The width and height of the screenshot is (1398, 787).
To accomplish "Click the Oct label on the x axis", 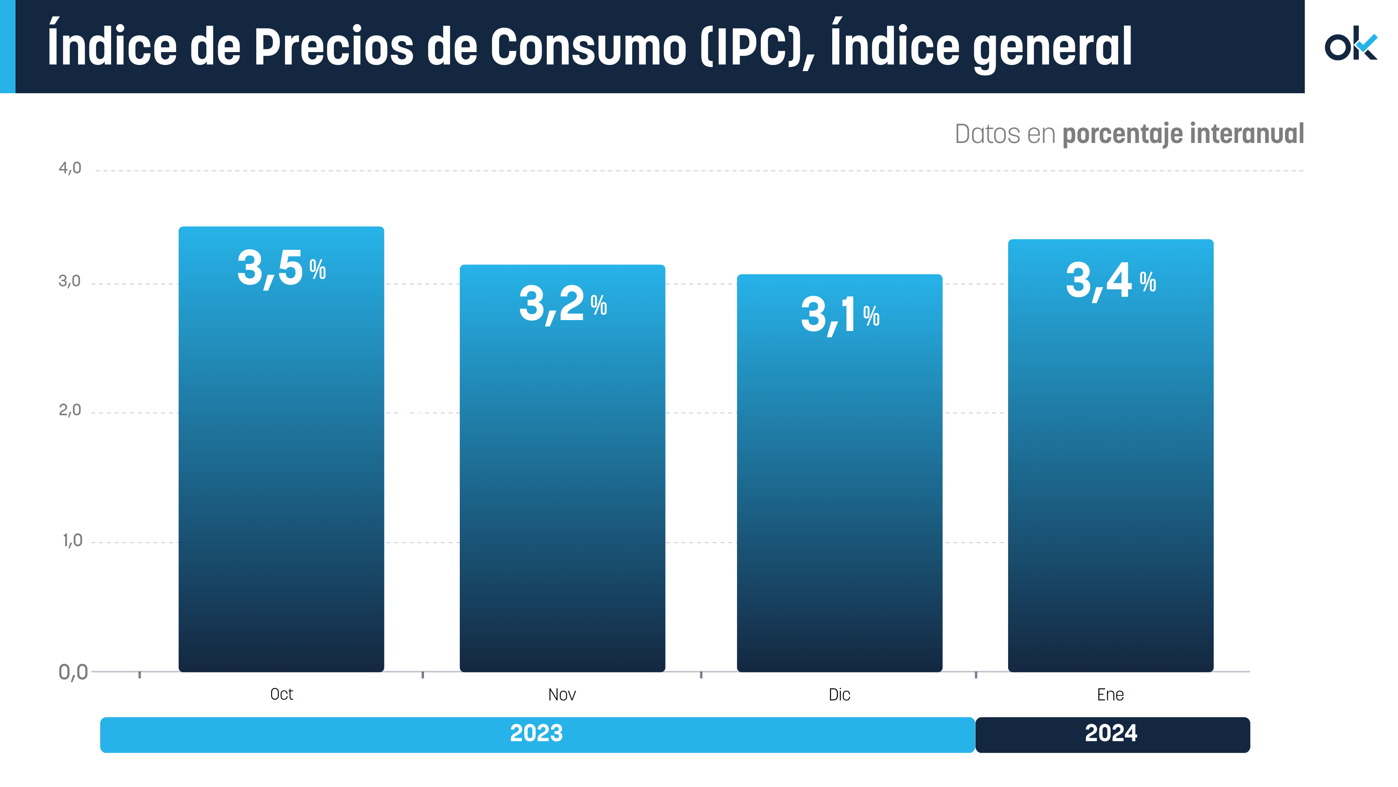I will tap(281, 694).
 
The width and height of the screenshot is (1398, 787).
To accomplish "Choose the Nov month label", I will tap(562, 695).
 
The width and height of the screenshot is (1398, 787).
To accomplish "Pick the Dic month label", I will tap(839, 695).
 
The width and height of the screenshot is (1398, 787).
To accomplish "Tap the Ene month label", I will tap(1110, 695).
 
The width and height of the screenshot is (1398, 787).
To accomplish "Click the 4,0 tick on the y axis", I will tap(70, 168).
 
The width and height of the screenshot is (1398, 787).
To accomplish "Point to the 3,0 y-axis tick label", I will tap(70, 281).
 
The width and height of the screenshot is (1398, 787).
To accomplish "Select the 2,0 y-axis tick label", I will tap(70, 410).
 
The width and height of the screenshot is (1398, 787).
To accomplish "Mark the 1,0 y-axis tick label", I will tap(72, 541).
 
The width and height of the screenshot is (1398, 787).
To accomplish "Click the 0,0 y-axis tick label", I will tap(73, 672).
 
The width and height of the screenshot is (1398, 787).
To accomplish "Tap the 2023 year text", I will tap(536, 733).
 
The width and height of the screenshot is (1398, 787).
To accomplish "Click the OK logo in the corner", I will tap(1351, 45).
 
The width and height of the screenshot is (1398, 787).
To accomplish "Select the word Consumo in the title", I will tap(589, 47).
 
